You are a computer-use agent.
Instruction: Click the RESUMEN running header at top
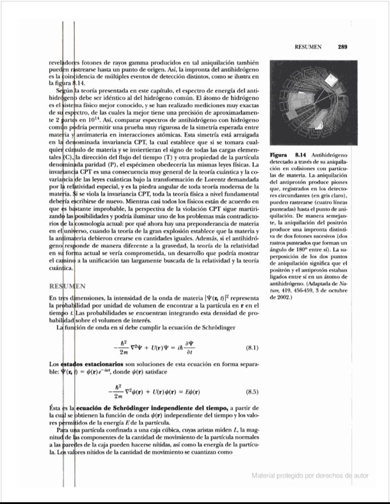click(308, 47)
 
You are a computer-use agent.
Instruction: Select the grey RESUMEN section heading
click(67, 286)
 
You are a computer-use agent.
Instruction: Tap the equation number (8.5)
click(252, 392)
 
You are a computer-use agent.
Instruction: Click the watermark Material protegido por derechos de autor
click(310, 476)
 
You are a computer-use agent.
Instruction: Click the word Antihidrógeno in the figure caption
click(331, 155)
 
